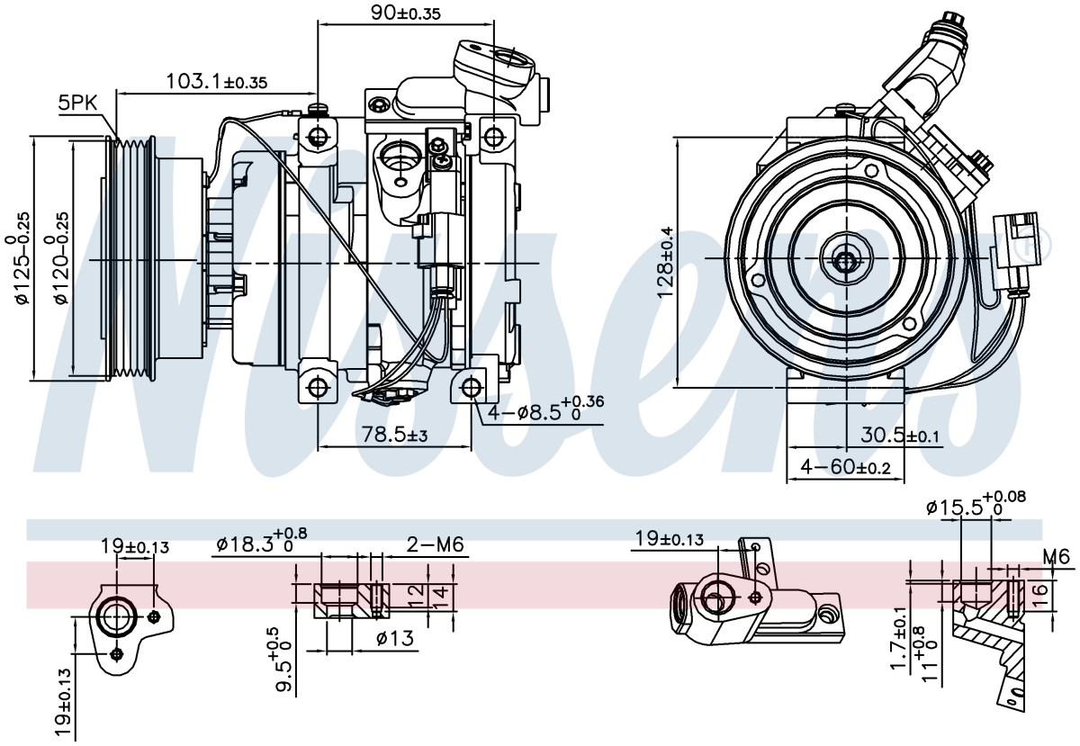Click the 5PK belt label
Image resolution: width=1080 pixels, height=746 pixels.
point(77,103)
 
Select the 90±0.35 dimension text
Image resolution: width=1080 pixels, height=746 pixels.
point(406,13)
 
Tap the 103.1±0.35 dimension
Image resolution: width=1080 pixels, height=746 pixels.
point(217,81)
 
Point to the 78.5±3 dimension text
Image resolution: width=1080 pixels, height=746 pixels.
point(394,436)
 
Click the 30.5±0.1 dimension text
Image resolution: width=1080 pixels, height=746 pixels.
point(900,436)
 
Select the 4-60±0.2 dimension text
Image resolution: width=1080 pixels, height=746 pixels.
point(845,466)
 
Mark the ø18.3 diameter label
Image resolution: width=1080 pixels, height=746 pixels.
point(262,544)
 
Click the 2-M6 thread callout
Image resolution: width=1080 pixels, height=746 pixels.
point(436,544)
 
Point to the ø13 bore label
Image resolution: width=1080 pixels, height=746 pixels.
point(395,639)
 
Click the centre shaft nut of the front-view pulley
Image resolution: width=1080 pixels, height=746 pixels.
point(845,261)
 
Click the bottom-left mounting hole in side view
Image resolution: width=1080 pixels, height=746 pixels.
point(318,387)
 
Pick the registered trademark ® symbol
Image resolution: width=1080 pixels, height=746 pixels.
point(1038,244)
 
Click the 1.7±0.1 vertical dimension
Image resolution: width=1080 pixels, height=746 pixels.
point(900,644)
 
